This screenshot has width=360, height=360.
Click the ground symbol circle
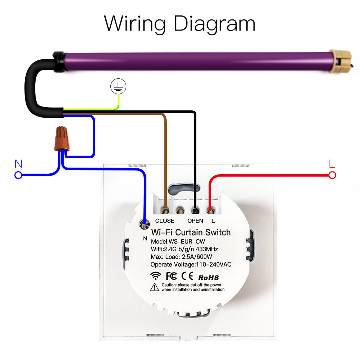(118, 86)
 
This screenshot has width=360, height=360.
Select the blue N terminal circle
(18, 176)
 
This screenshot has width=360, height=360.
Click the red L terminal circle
(332, 176)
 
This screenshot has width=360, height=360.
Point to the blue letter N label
(18, 164)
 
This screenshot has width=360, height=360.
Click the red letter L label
(332, 164)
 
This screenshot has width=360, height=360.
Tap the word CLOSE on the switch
(165, 221)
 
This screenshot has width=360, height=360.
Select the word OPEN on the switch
(195, 221)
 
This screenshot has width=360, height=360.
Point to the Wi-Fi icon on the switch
(156, 276)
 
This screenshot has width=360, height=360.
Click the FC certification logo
(171, 276)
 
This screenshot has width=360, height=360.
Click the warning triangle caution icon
(155, 287)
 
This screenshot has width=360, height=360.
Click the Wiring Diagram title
(180, 23)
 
